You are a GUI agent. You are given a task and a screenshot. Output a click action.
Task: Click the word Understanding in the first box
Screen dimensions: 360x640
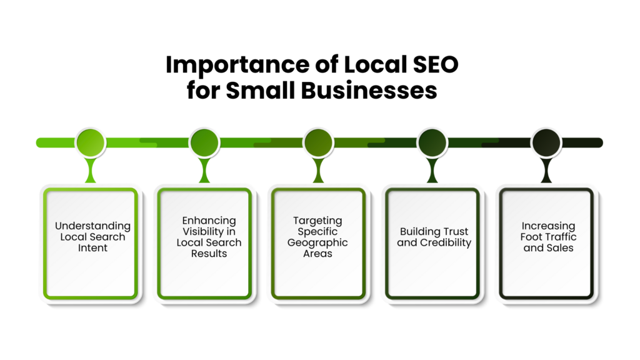pyautogui.click(x=92, y=226)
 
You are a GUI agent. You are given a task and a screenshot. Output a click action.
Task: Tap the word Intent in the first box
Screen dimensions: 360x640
pyautogui.click(x=92, y=248)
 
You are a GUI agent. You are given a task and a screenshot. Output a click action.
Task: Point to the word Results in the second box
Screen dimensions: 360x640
pyautogui.click(x=209, y=254)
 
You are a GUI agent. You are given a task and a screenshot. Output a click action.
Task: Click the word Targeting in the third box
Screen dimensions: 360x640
pyautogui.click(x=317, y=221)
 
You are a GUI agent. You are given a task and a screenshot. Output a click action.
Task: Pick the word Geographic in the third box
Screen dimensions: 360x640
pyautogui.click(x=317, y=242)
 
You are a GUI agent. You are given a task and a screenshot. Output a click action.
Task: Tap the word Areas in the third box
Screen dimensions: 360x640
pyautogui.click(x=317, y=254)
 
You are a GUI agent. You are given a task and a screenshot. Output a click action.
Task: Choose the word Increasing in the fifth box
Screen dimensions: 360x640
pyautogui.click(x=548, y=226)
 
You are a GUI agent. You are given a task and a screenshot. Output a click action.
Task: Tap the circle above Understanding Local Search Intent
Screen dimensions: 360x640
pyautogui.click(x=91, y=142)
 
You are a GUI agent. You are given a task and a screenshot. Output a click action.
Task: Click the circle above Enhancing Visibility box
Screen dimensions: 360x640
pyautogui.click(x=204, y=142)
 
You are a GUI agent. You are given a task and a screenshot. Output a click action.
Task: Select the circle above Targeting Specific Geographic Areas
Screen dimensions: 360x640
pyautogui.click(x=318, y=142)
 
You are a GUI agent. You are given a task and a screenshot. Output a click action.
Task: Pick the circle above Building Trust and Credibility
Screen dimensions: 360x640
pyautogui.click(x=432, y=142)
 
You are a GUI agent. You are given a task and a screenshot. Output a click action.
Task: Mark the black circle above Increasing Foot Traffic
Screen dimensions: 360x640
pyautogui.click(x=546, y=142)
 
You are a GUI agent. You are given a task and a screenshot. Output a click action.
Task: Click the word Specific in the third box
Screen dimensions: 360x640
pyautogui.click(x=317, y=231)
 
